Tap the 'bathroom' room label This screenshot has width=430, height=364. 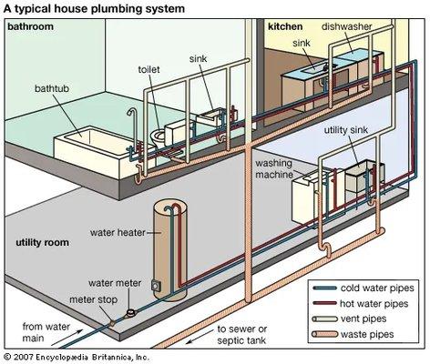click(31, 27)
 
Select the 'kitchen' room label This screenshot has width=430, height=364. click(284, 27)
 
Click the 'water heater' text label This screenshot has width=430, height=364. click(119, 231)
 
